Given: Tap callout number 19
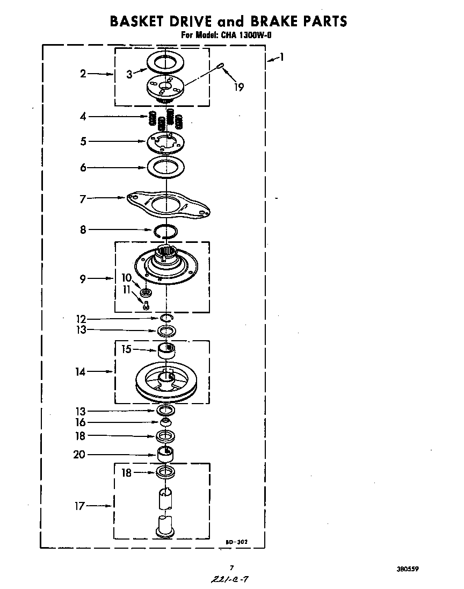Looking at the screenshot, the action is (x=239, y=87).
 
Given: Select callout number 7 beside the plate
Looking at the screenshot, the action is (x=82, y=199).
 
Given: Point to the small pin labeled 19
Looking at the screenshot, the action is (x=221, y=66).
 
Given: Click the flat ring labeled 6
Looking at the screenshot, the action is (x=166, y=168).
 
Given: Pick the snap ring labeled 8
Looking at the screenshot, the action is (x=166, y=231).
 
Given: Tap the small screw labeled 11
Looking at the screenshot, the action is (x=146, y=306).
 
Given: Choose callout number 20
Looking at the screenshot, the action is (x=79, y=455).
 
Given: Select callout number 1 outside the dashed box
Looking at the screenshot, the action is (x=281, y=58).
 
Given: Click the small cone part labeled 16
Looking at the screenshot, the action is (x=166, y=422).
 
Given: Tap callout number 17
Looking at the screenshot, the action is (x=79, y=506).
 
